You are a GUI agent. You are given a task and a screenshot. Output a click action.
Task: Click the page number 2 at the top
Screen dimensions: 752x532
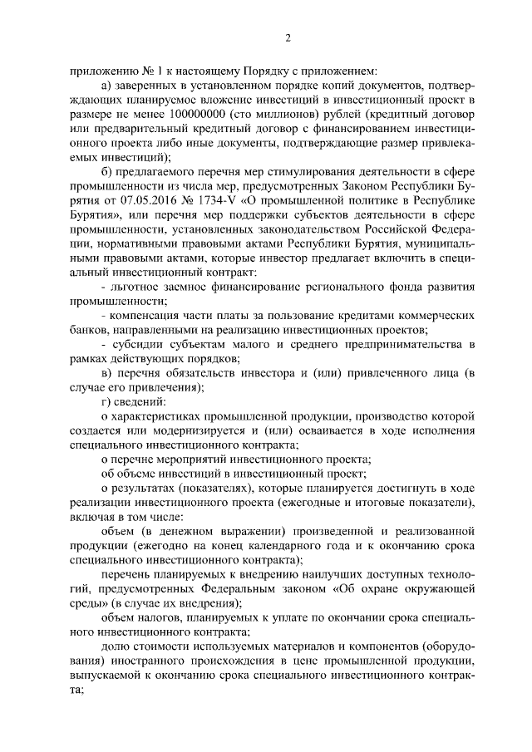click(x=286, y=37)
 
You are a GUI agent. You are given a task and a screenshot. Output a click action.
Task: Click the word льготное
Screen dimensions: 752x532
click(x=135, y=287)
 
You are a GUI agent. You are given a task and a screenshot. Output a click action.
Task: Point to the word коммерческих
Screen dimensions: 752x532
click(x=431, y=316)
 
